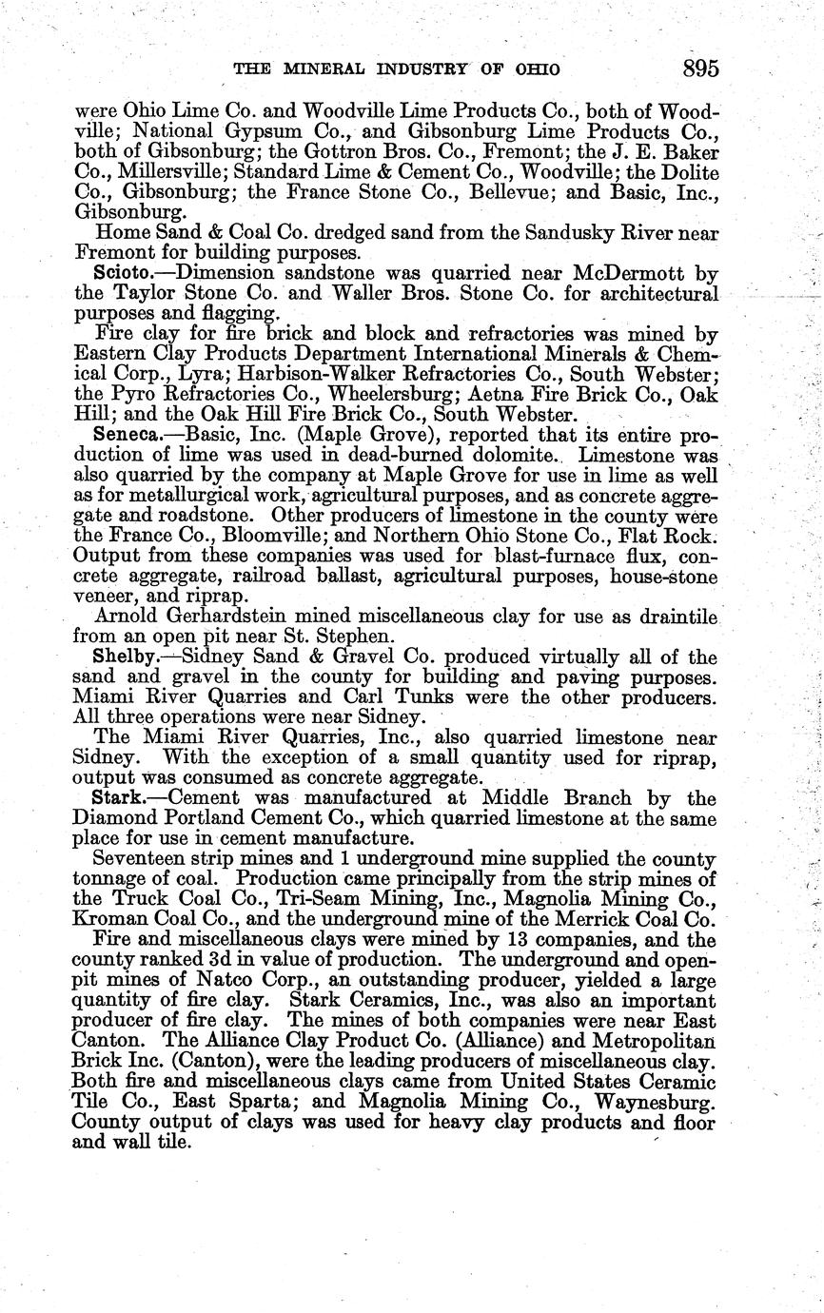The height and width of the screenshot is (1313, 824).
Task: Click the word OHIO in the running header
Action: click(x=534, y=69)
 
